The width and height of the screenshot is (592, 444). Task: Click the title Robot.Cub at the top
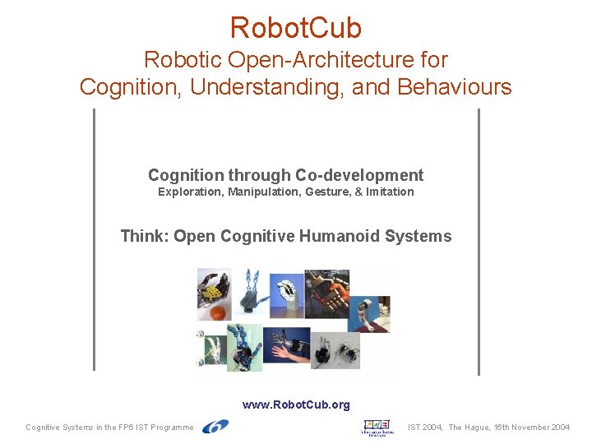[295, 28]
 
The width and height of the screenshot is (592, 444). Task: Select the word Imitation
[390, 192]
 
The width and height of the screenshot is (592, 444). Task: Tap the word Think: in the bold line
[145, 236]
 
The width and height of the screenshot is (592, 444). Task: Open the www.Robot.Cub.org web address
[296, 405]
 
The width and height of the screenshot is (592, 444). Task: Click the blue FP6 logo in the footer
[215, 426]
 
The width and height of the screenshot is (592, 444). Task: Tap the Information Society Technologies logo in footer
[379, 427]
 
